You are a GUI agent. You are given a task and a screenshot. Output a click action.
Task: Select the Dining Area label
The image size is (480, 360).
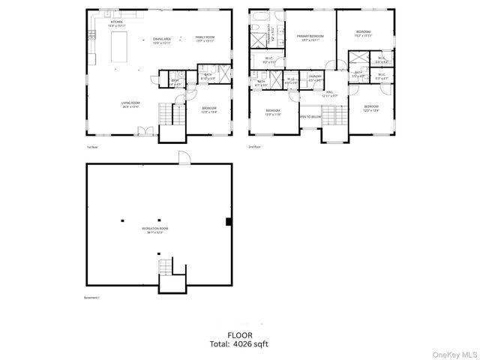[x=162, y=40]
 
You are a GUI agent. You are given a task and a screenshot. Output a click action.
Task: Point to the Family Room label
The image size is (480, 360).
[x=205, y=38]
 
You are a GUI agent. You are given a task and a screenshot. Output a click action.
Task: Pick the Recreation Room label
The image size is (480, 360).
[x=154, y=229]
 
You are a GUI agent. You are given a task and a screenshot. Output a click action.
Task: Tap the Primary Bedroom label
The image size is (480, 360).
[x=310, y=37]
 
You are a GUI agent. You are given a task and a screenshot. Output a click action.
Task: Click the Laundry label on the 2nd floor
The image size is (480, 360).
[x=315, y=77]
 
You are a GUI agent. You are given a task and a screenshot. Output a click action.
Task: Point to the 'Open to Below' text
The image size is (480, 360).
[x=310, y=117]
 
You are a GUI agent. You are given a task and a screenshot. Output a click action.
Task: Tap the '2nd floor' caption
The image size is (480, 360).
[x=253, y=147]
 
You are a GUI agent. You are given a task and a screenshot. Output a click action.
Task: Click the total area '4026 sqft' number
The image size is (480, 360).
[x=250, y=344]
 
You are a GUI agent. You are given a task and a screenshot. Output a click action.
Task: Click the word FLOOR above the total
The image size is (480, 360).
[x=240, y=334]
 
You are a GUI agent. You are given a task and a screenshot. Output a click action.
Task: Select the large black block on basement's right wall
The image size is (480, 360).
[x=229, y=220]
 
